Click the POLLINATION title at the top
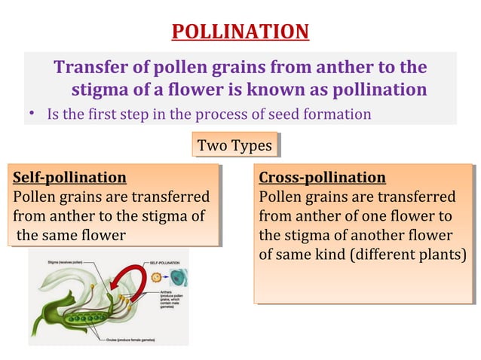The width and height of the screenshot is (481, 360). click(x=240, y=32)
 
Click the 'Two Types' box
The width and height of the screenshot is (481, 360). click(x=234, y=145)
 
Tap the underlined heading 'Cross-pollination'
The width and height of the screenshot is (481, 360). click(x=322, y=178)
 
